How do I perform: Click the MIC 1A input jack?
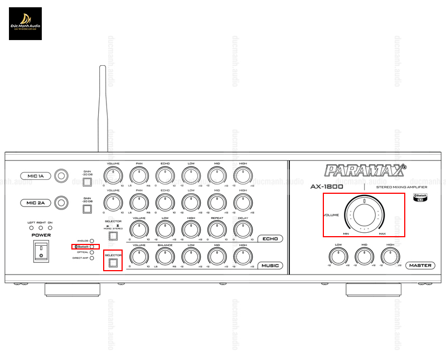(x=61, y=176)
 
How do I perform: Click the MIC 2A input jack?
(x=61, y=203)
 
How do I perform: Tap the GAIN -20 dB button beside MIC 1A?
(x=86, y=182)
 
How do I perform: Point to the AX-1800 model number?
(x=327, y=187)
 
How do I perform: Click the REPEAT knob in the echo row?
(x=217, y=228)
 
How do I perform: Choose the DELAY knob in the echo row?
(x=243, y=228)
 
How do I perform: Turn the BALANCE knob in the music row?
(x=164, y=256)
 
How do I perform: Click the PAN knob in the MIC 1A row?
(x=138, y=176)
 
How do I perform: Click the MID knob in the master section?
(x=364, y=256)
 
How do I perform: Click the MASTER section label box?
(x=420, y=265)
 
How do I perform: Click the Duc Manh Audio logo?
(x=25, y=23)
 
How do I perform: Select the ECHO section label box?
(x=270, y=239)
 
